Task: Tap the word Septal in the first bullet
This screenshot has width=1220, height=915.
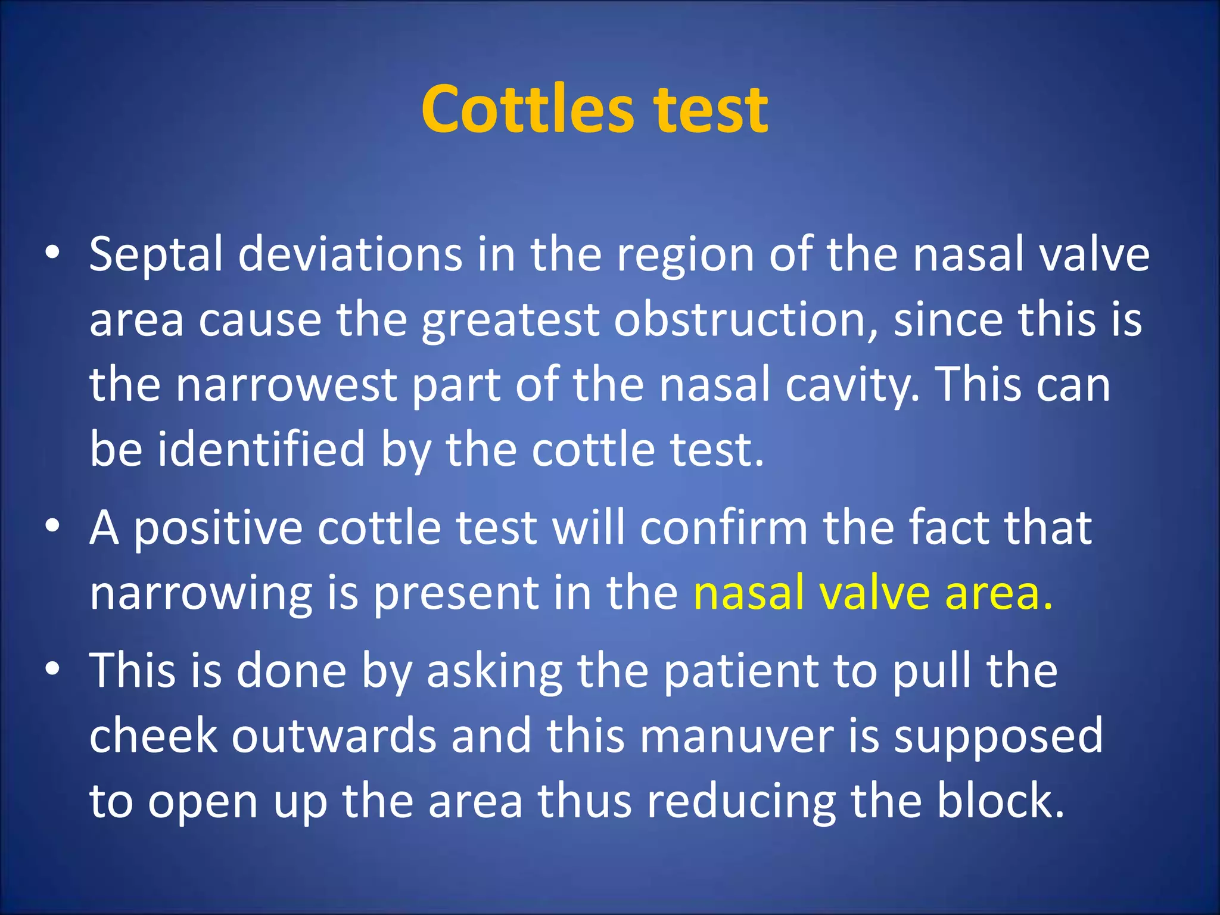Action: click(x=156, y=255)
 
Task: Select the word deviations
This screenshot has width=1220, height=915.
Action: click(x=350, y=255)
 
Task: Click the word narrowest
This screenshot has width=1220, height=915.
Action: click(x=286, y=385)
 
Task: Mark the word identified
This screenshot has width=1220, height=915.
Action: click(x=261, y=450)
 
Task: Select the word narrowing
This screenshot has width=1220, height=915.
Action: click(x=201, y=595)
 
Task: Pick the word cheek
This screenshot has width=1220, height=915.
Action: click(x=154, y=736)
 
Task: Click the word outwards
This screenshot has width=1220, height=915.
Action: click(x=334, y=736)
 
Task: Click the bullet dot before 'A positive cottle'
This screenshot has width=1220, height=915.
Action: click(x=53, y=527)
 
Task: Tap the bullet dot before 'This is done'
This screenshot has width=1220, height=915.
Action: click(x=53, y=670)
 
